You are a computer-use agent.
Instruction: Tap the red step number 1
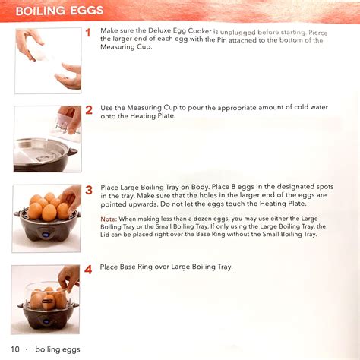point(88,33)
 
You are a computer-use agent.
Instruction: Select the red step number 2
point(88,110)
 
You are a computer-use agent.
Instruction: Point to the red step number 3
point(88,190)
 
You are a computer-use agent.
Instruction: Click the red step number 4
point(88,269)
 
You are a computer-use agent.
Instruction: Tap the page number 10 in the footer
point(16,349)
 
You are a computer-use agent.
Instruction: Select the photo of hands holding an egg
point(47,61)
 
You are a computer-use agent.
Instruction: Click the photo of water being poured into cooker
point(47,139)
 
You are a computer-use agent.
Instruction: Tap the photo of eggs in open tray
point(47,218)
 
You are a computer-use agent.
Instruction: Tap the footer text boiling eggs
point(57,349)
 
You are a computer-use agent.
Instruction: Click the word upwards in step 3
point(137,204)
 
